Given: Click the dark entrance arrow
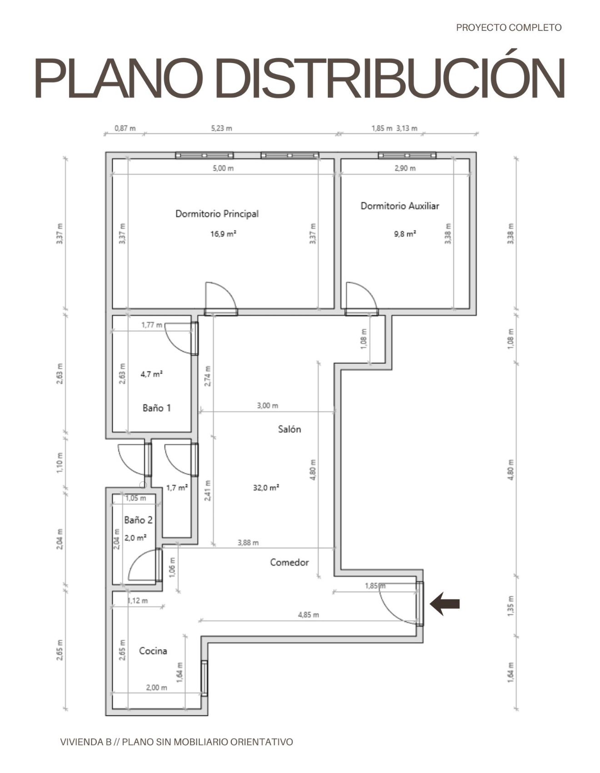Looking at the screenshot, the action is tap(445, 604).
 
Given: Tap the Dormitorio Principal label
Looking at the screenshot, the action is tap(217, 213).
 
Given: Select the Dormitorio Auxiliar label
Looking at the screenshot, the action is tap(400, 206).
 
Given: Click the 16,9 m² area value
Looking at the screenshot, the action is tap(223, 234).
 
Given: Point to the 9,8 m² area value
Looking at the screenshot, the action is tap(405, 234).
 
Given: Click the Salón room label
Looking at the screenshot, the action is tap(290, 429).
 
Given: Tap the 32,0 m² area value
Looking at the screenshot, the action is tap(266, 487).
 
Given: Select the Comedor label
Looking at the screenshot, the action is tap(290, 562).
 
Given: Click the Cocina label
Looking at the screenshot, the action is tap(153, 651).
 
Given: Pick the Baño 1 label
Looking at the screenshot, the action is tap(157, 408).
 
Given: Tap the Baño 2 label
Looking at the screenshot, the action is tap(138, 520).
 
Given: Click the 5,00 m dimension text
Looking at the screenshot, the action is tap(223, 168).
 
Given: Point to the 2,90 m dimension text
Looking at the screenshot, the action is tap(405, 168).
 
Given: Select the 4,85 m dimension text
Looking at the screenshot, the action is tap(308, 615).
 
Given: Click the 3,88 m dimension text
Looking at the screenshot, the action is tap(248, 542).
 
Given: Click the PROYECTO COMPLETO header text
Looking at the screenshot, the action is tap(509, 28).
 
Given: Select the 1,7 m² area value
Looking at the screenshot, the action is tap(177, 488).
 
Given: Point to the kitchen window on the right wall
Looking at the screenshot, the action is tap(204, 678).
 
